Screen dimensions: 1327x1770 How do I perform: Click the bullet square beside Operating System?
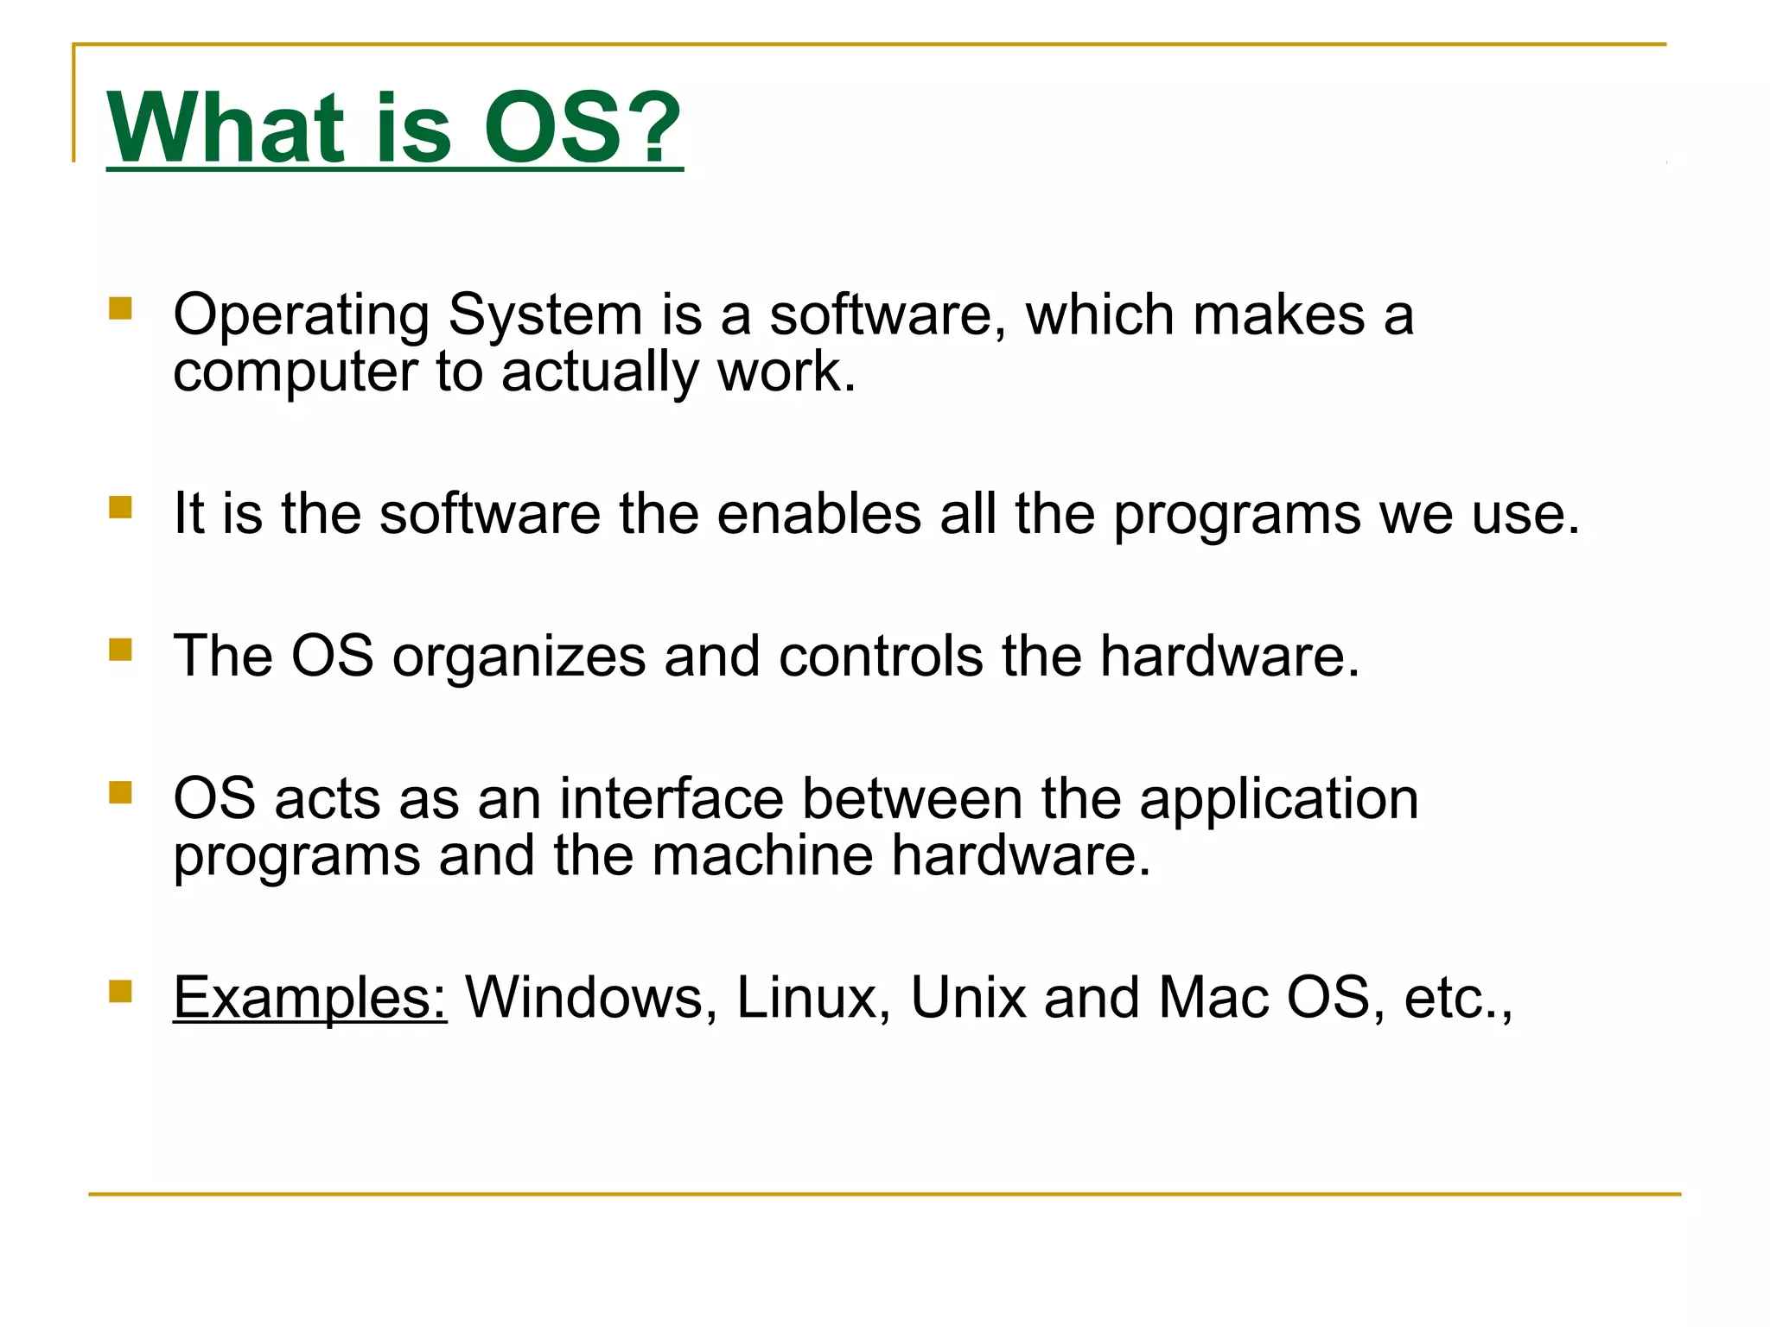click(120, 308)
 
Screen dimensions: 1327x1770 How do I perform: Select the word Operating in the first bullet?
click(301, 316)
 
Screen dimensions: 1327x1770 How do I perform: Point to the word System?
click(545, 314)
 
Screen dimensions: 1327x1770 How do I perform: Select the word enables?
click(819, 514)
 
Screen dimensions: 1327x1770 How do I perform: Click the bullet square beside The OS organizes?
click(120, 649)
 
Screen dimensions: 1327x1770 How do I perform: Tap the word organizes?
click(519, 657)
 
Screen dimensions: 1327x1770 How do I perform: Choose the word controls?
click(881, 656)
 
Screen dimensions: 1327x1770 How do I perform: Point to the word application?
click(1279, 800)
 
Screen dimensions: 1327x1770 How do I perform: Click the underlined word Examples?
click(309, 999)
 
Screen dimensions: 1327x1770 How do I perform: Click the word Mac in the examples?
click(1213, 998)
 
